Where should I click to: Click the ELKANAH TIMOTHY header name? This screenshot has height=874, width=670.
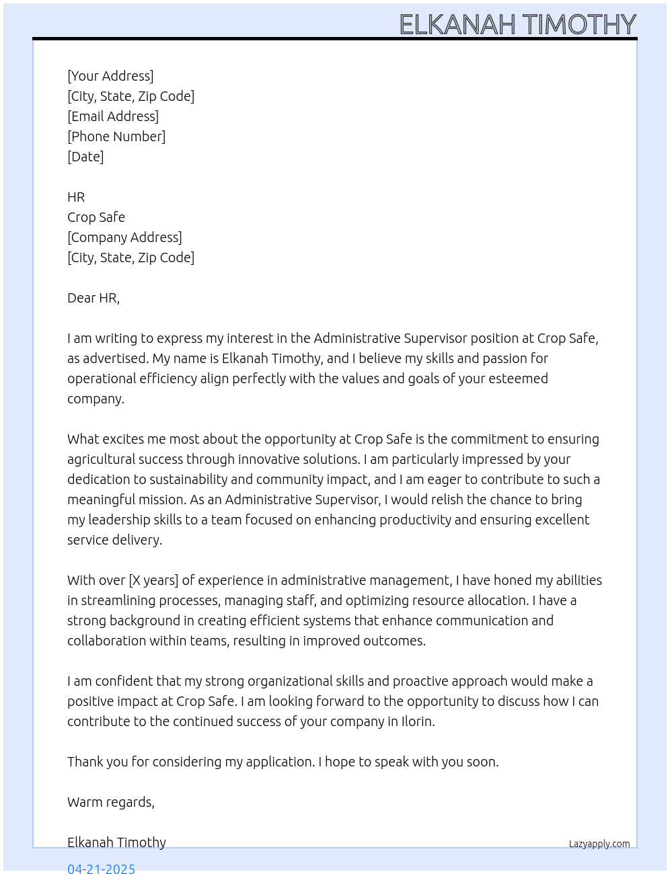coord(517,24)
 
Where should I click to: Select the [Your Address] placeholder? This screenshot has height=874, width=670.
coord(110,76)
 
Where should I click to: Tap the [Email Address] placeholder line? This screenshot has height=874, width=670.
coord(113,116)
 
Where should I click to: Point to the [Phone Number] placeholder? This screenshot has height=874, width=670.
coord(116,136)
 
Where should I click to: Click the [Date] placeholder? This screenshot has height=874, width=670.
coord(85,157)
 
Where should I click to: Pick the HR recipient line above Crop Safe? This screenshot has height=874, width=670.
coord(76,197)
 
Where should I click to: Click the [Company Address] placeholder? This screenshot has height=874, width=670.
coord(124,237)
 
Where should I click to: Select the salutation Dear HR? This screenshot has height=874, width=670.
coord(94,298)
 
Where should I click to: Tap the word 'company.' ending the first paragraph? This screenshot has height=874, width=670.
coord(96,399)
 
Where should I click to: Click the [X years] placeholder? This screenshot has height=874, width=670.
coord(153,580)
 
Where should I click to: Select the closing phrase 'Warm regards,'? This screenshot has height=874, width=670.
coord(111,802)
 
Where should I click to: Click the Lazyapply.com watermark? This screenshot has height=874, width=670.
coord(599,844)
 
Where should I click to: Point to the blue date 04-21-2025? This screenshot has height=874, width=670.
coord(101,868)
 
